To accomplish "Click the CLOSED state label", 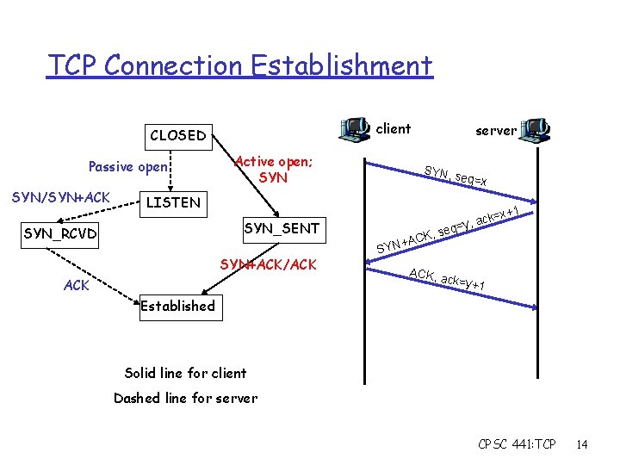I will [x=177, y=135].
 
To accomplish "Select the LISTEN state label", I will [x=172, y=203].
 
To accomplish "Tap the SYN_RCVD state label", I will [x=60, y=233].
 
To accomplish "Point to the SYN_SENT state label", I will [x=282, y=228].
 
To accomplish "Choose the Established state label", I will [x=177, y=306].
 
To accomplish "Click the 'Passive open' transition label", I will [x=130, y=166].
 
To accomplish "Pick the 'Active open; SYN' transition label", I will [x=273, y=170].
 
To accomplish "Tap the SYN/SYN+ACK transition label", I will [x=61, y=197].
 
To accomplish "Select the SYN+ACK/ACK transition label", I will [x=268, y=263].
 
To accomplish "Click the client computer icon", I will [x=355, y=129].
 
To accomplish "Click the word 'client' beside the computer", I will [x=394, y=129].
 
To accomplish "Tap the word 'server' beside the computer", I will [x=496, y=131].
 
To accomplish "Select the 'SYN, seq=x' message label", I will [x=456, y=176].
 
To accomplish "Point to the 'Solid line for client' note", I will [x=185, y=373].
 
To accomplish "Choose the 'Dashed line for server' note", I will [x=185, y=398].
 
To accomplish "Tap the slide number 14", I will [x=582, y=444].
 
